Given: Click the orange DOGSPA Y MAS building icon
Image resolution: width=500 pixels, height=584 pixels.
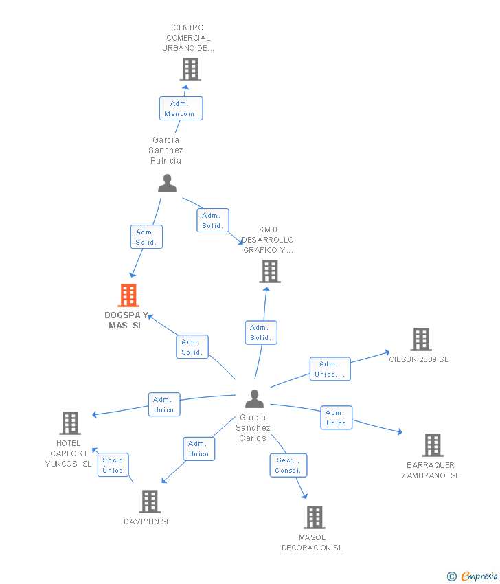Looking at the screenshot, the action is point(128,295).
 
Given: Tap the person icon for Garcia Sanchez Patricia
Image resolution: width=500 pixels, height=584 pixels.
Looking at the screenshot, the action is point(167,183).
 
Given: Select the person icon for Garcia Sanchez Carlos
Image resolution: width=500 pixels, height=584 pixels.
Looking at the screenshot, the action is point(255,399).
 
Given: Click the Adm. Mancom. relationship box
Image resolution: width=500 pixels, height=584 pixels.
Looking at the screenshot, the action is point(181,109).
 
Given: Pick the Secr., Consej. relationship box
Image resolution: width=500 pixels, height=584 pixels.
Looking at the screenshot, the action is point(288,465).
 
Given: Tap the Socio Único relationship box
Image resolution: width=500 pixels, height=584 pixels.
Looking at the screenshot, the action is point(113,465).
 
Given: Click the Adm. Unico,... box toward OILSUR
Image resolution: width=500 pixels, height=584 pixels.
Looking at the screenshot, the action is point(330,369).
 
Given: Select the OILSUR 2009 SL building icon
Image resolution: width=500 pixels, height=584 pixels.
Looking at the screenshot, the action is point(421,339).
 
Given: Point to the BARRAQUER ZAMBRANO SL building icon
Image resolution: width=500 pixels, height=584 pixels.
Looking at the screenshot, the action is point(433,445).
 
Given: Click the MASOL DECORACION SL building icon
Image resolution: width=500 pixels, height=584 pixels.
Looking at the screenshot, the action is point(315,517).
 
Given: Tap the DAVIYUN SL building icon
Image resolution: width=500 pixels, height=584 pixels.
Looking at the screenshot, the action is point(150,502).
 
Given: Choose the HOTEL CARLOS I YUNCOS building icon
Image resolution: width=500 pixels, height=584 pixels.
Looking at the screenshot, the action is point(70,423).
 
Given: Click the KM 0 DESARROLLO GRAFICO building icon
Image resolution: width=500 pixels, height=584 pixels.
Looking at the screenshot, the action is point(270,271).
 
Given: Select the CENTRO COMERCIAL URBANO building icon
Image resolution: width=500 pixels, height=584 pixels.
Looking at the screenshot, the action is point(190,69).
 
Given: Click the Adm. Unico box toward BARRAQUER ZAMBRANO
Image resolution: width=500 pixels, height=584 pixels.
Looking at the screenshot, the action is point(336,418).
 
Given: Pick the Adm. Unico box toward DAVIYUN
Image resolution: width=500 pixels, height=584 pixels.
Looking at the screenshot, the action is point(198,449).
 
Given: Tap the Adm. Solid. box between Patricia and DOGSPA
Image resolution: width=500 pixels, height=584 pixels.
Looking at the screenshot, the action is point(146,237).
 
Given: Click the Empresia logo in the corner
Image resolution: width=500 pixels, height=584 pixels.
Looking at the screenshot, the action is point(473,576).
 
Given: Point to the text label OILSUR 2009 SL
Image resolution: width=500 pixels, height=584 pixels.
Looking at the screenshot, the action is point(419,359).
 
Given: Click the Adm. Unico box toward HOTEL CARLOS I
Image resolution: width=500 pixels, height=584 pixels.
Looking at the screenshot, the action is point(164,405).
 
